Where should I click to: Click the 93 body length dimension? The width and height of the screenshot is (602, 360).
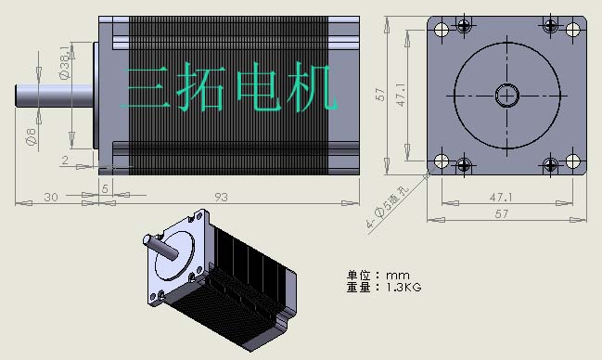[221, 197]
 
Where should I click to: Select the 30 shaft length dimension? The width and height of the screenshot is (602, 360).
[51, 198]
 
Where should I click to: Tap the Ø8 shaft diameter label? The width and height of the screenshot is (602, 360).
[31, 136]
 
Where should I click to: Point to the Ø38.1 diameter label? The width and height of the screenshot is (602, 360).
[66, 62]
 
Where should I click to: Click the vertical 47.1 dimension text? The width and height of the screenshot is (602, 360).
[401, 95]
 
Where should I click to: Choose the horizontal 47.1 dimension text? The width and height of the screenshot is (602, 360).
[501, 198]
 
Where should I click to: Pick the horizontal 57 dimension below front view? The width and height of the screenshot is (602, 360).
[502, 213]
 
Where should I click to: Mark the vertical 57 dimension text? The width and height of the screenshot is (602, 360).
[379, 95]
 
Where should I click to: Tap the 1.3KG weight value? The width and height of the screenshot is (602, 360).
[403, 287]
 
